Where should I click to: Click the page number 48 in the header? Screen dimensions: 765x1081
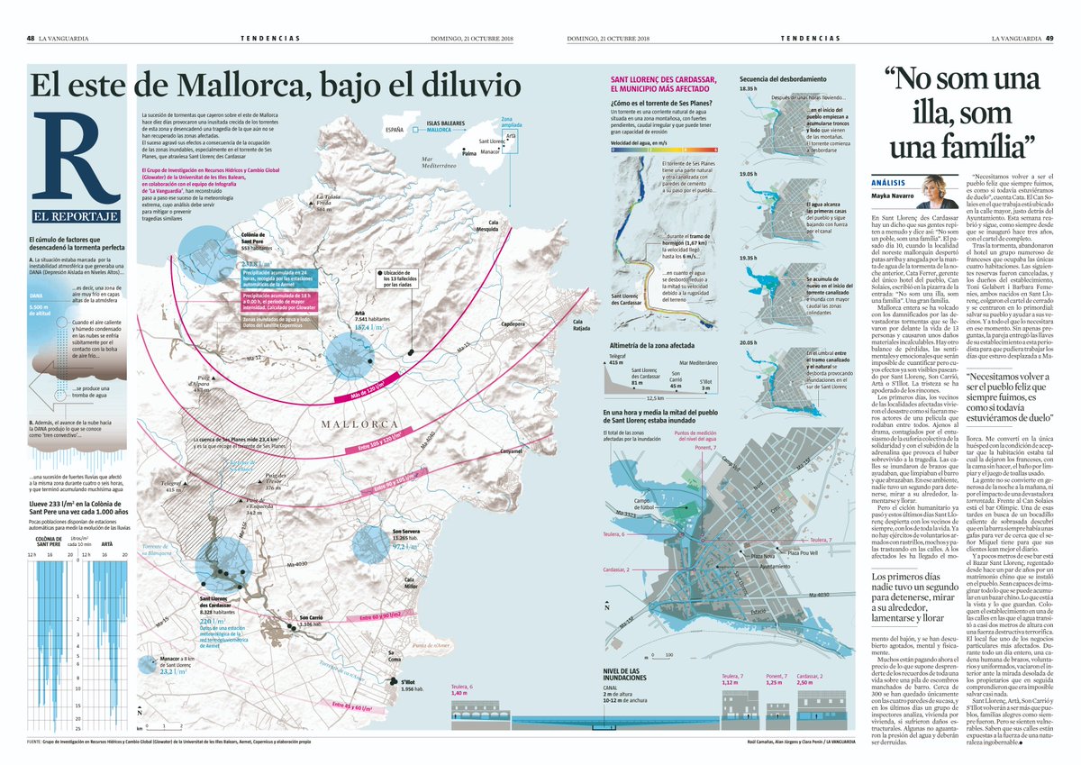pos(31,38)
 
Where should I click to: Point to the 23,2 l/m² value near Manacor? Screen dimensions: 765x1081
pos(204,671)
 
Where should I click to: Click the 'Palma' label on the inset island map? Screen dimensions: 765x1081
pos(468,153)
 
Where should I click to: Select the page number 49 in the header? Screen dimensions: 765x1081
pos(1049,38)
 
